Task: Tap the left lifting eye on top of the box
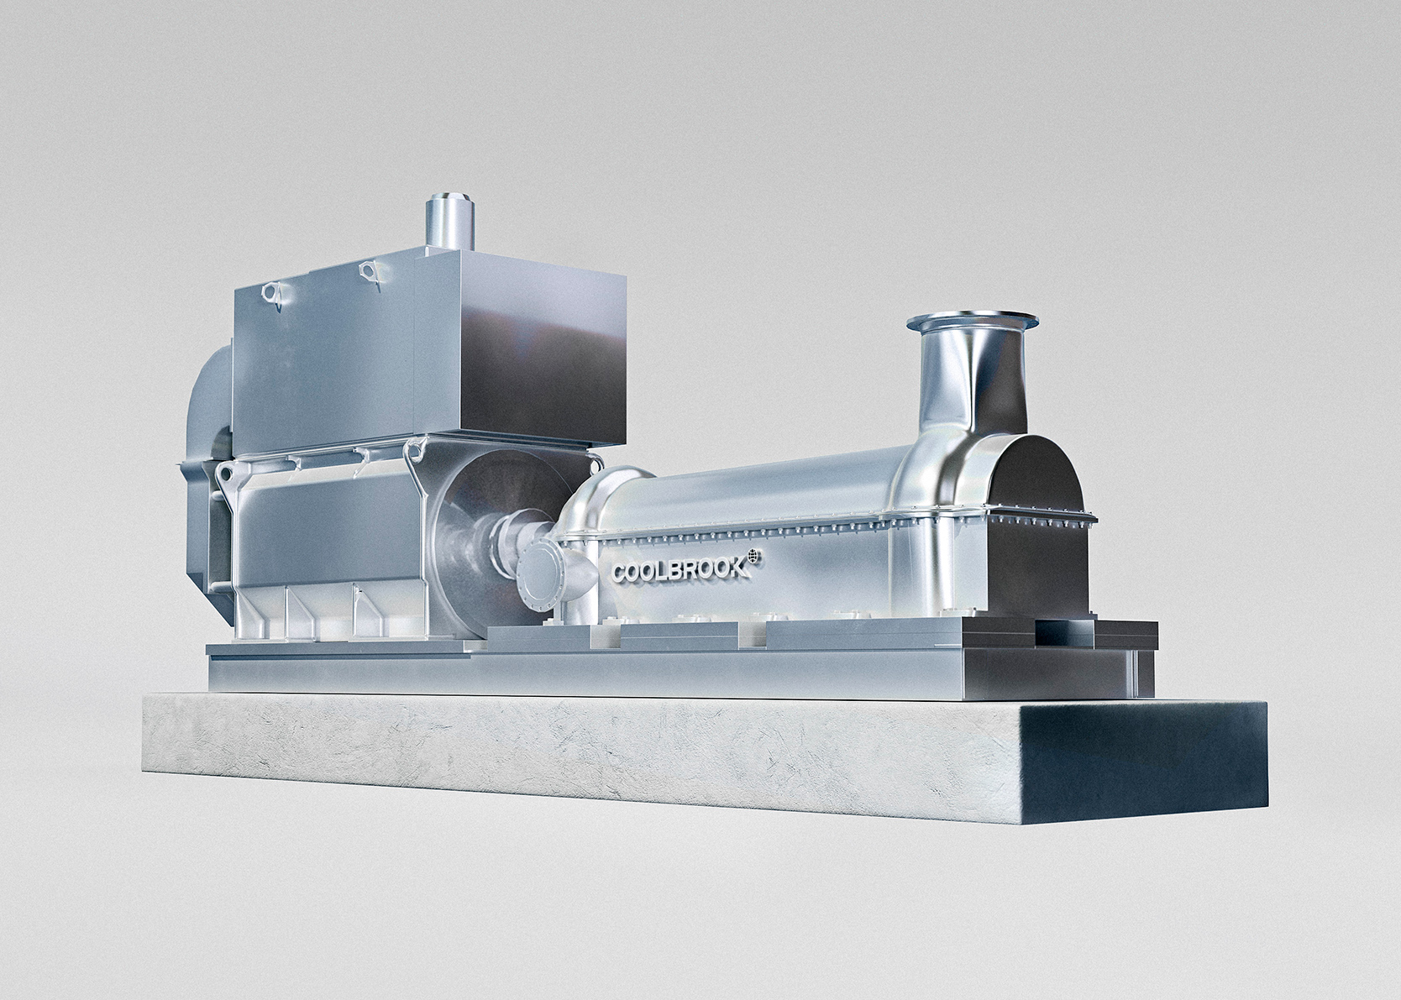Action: tap(270, 294)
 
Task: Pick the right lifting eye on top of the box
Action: tap(366, 270)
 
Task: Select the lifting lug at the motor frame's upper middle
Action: tap(415, 458)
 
